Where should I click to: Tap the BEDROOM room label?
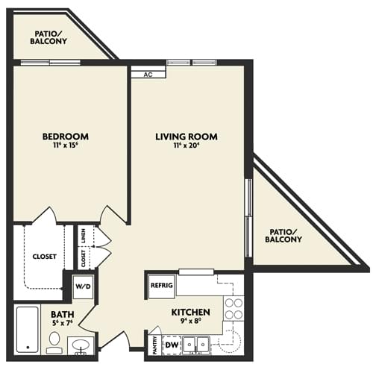point(66,137)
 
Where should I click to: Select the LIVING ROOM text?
point(186,137)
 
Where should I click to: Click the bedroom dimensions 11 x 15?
point(66,147)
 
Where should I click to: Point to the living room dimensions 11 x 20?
point(186,147)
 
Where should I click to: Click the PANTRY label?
point(154,344)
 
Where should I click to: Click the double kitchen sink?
point(195,344)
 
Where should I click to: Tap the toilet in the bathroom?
point(54,342)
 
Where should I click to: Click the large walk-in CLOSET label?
point(44,257)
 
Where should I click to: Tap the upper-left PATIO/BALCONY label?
point(49,37)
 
